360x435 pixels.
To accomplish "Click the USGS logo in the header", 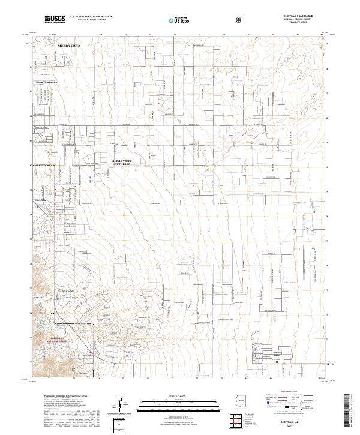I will [55, 19].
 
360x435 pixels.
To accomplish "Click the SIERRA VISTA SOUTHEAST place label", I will [121, 163].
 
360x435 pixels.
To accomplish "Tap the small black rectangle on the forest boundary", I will [52, 313].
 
